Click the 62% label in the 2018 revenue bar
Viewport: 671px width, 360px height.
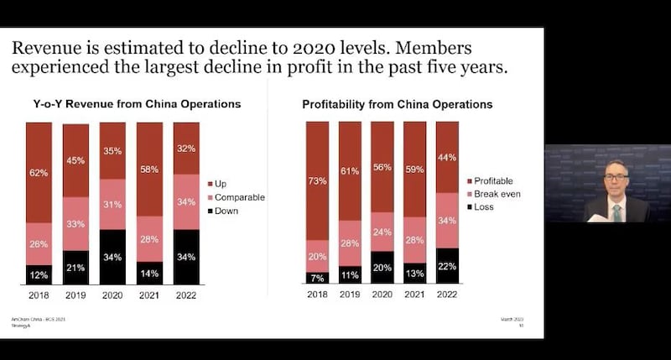[39, 172]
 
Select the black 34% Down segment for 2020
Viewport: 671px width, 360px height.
[112, 257]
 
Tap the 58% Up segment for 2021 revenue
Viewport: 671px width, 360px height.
[149, 170]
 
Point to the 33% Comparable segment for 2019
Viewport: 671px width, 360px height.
[75, 224]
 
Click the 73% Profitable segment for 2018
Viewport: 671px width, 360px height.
[317, 180]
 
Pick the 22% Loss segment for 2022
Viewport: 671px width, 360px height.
[447, 266]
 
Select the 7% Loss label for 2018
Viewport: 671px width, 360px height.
[317, 278]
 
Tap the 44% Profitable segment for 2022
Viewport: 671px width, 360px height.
[447, 158]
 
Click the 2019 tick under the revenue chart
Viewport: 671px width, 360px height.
[75, 295]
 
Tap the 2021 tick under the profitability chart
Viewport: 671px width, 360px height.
[414, 295]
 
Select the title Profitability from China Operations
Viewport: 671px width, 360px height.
[397, 105]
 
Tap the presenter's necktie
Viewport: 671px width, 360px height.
[616, 211]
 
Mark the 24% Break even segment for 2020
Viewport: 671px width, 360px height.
[382, 232]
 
